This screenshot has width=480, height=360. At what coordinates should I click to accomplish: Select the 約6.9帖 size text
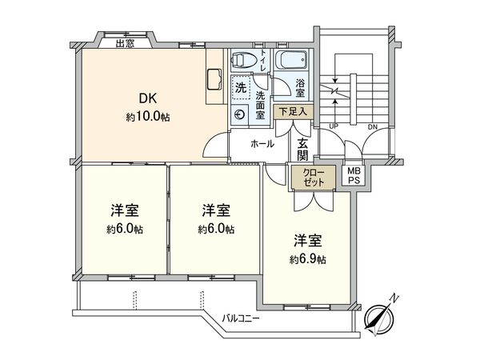tap(307, 259)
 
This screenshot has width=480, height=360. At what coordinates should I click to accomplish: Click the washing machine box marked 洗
tap(241, 86)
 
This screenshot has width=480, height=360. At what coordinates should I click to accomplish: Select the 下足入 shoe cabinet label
tap(292, 113)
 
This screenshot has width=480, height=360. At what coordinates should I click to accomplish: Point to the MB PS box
tap(353, 176)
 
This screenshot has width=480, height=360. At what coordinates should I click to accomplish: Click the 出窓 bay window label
tap(124, 42)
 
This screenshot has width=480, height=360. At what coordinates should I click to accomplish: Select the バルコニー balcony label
tap(243, 318)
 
